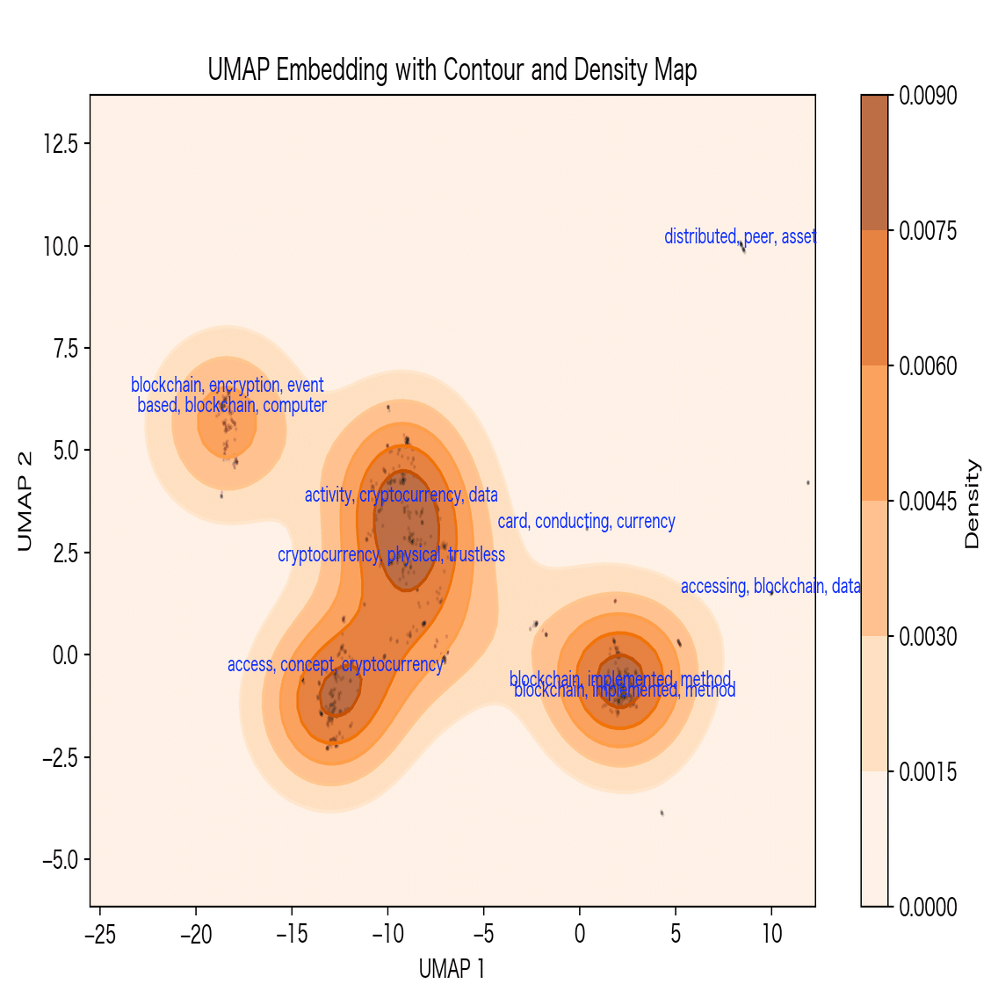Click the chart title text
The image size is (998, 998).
[x=452, y=69]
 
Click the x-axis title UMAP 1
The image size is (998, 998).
[x=452, y=969]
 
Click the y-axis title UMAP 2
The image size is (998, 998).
[x=25, y=502]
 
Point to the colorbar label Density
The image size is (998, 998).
[x=972, y=504]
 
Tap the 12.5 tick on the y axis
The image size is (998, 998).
[x=61, y=143]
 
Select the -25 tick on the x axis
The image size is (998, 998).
[x=99, y=934]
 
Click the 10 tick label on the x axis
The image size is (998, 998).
[x=771, y=934]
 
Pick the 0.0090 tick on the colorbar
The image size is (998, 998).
[x=928, y=95]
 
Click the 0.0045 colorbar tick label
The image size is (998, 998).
[x=928, y=501]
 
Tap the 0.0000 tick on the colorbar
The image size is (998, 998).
[x=928, y=907]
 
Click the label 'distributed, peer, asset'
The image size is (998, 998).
[x=740, y=236]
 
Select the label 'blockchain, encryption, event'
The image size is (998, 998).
[x=228, y=385]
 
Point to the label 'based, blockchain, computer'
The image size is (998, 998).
[x=232, y=405]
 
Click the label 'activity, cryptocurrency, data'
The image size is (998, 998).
[x=401, y=495]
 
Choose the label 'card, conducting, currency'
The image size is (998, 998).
[x=587, y=521]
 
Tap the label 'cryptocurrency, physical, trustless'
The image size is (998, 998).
[x=391, y=554]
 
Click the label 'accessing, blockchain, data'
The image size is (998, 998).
[x=770, y=586]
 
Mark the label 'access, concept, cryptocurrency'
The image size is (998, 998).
[x=335, y=664]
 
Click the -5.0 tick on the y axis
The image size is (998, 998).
[x=61, y=859]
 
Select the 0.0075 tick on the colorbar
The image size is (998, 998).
[x=928, y=230]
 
